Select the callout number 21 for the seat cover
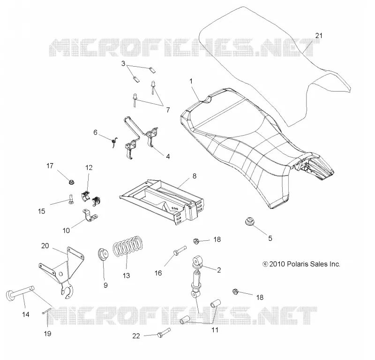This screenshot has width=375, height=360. point(319,36)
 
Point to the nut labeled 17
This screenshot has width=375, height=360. point(71,183)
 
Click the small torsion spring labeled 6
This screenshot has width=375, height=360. point(114,142)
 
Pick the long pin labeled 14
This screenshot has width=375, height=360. point(20,292)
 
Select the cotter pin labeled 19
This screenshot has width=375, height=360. point(47,311)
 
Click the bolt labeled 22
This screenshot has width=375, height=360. point(164,333)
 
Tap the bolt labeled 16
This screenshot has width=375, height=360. point(180,250)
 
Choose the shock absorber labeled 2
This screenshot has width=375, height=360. point(197,276)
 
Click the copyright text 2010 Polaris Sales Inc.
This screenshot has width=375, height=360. point(301,264)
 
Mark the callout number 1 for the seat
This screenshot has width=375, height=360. point(191,81)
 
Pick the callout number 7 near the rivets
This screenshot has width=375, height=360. point(168,110)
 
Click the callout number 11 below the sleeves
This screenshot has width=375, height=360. point(215,330)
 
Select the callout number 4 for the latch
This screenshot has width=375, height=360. point(168,156)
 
